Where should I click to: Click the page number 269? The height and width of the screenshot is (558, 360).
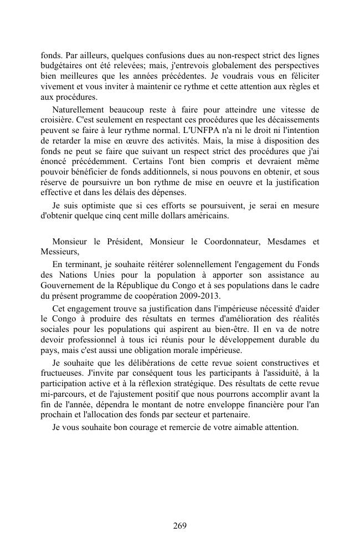pyautogui.click(x=179, y=526)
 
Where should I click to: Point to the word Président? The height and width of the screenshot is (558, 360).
pyautogui.click(x=120, y=242)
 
